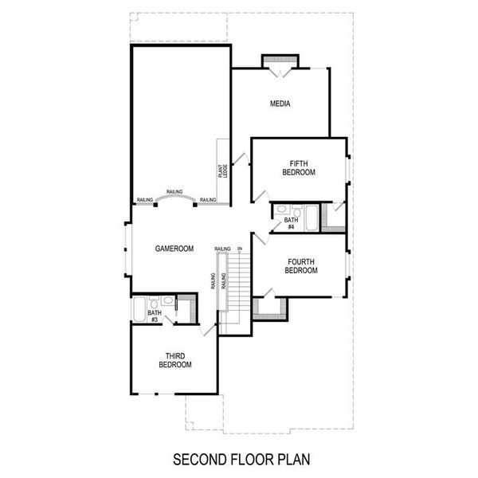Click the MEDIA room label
click(x=279, y=104)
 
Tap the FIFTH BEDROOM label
click(x=299, y=168)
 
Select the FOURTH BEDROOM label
click(x=301, y=265)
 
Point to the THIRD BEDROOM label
click(x=175, y=360)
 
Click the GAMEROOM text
click(x=174, y=249)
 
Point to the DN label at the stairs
click(x=239, y=249)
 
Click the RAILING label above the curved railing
click(x=174, y=192)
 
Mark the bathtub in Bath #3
click(x=139, y=308)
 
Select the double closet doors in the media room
click(x=279, y=72)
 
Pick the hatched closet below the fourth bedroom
click(x=271, y=304)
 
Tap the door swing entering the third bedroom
click(x=210, y=328)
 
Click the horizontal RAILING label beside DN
click(x=223, y=249)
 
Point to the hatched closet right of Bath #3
click(x=185, y=307)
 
